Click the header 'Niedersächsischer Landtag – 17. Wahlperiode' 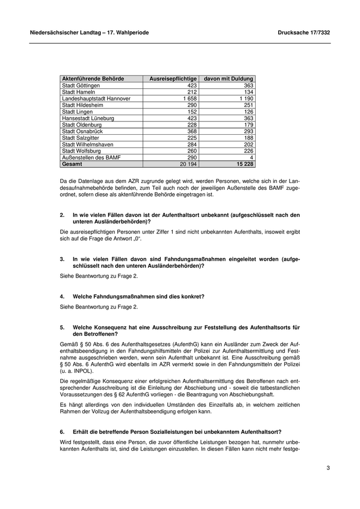coord(89,32)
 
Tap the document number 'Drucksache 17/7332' coord(303,32)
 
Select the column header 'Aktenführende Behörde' coord(93,79)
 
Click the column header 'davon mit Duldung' coord(228,79)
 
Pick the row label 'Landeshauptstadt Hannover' coord(96,98)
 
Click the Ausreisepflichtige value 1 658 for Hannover coord(189,98)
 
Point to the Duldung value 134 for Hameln coord(249,92)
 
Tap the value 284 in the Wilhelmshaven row coord(192,144)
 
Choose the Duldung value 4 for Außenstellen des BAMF coord(252,157)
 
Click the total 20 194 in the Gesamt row coord(188,164)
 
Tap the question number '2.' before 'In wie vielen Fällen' coord(62,215)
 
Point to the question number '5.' coord(62,327)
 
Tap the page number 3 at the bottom coord(328,468)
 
